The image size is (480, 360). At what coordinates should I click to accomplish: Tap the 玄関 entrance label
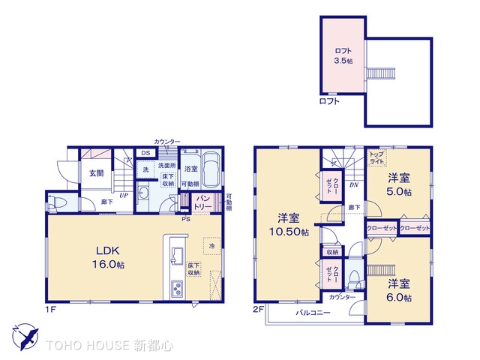[96, 173]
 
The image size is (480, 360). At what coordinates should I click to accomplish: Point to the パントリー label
[202, 201]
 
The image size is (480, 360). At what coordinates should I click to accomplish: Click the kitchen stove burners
[177, 289]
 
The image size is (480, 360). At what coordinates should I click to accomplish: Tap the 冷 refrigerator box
[211, 245]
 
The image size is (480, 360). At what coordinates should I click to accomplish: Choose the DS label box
[145, 154]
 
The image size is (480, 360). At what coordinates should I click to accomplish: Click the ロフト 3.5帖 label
[342, 55]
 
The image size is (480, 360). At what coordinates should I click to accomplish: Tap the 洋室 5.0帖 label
[399, 185]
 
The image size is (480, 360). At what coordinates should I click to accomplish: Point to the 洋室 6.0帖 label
[399, 290]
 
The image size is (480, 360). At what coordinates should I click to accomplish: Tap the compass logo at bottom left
[25, 335]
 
